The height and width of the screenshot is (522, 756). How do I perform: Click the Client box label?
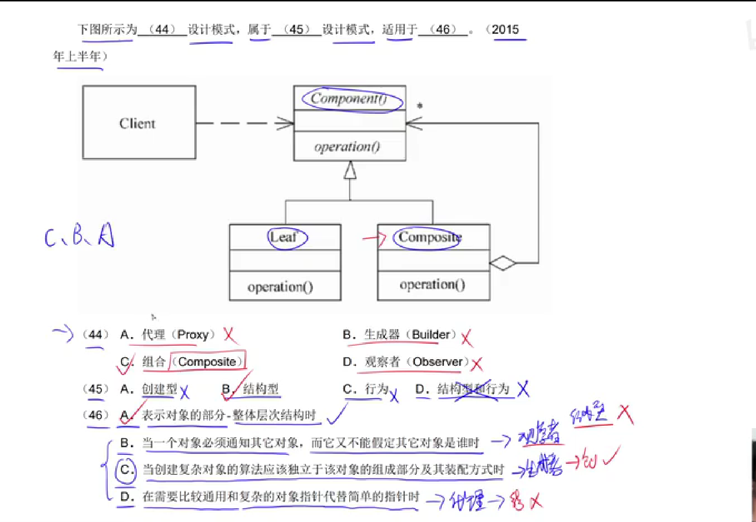pyautogui.click(x=137, y=123)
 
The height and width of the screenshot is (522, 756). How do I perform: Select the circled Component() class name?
pyautogui.click(x=349, y=99)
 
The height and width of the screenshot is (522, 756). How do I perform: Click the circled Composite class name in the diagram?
pyautogui.click(x=429, y=237)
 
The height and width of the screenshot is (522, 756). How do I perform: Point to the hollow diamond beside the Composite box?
pyautogui.click(x=503, y=263)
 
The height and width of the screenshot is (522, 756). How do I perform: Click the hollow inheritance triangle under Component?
pyautogui.click(x=350, y=171)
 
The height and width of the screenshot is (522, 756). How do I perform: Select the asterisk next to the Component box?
pyautogui.click(x=420, y=106)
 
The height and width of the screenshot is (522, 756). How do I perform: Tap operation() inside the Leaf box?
pyautogui.click(x=280, y=287)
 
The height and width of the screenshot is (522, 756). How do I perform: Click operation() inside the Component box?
pyautogui.click(x=347, y=147)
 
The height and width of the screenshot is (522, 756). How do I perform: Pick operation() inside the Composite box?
pyautogui.click(x=432, y=285)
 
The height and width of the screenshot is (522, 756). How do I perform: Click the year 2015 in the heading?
pyautogui.click(x=505, y=30)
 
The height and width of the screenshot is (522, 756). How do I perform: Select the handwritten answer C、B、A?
pyautogui.click(x=80, y=235)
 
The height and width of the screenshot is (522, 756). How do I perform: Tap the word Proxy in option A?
pyautogui.click(x=192, y=335)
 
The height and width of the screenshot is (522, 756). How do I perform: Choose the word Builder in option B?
pyautogui.click(x=431, y=335)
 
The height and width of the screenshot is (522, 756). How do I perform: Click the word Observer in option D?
pyautogui.click(x=437, y=362)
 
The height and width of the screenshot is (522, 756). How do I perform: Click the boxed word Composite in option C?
pyautogui.click(x=207, y=362)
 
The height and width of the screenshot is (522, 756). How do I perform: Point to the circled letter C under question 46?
pyautogui.click(x=126, y=470)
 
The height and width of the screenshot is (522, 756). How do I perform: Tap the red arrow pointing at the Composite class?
pyautogui.click(x=374, y=238)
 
